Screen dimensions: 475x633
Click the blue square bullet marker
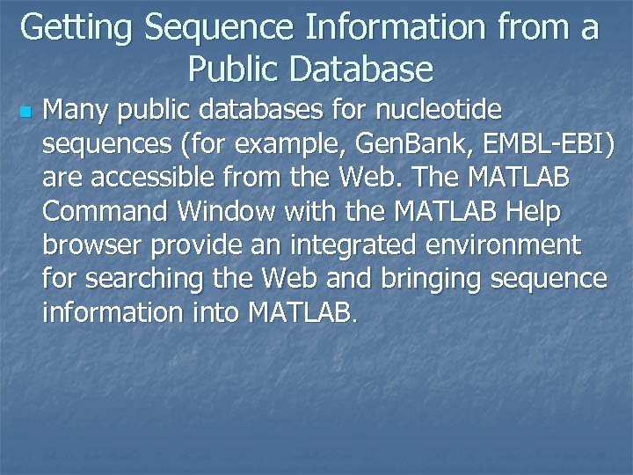25,113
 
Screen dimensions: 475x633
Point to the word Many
77,111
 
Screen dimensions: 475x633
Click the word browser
91,245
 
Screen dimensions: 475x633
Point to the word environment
498,245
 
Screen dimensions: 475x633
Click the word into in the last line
214,311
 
